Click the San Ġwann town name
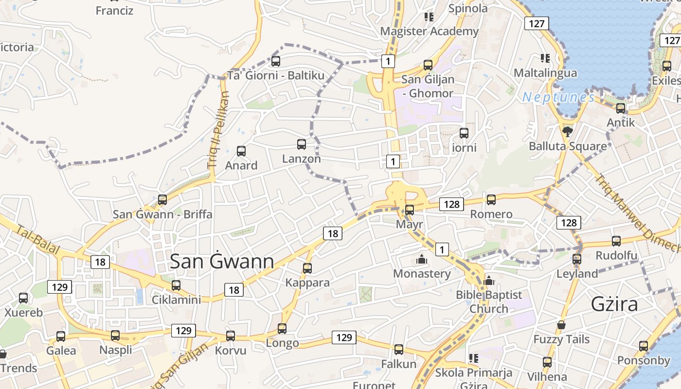(222, 262)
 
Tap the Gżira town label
(614, 304)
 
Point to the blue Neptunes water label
(558, 98)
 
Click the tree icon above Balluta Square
(567, 131)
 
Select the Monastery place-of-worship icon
(422, 260)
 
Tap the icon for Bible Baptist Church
(489, 281)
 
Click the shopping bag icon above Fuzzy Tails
(561, 325)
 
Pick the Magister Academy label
(429, 32)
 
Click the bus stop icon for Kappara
(307, 268)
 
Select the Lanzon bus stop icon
(302, 144)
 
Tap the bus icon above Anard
(241, 151)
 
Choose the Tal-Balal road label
(37, 240)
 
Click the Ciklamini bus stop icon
(176, 285)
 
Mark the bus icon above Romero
(491, 200)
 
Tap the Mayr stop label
(410, 225)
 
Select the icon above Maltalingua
(545, 59)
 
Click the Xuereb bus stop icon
(23, 298)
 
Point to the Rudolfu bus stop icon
(616, 241)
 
